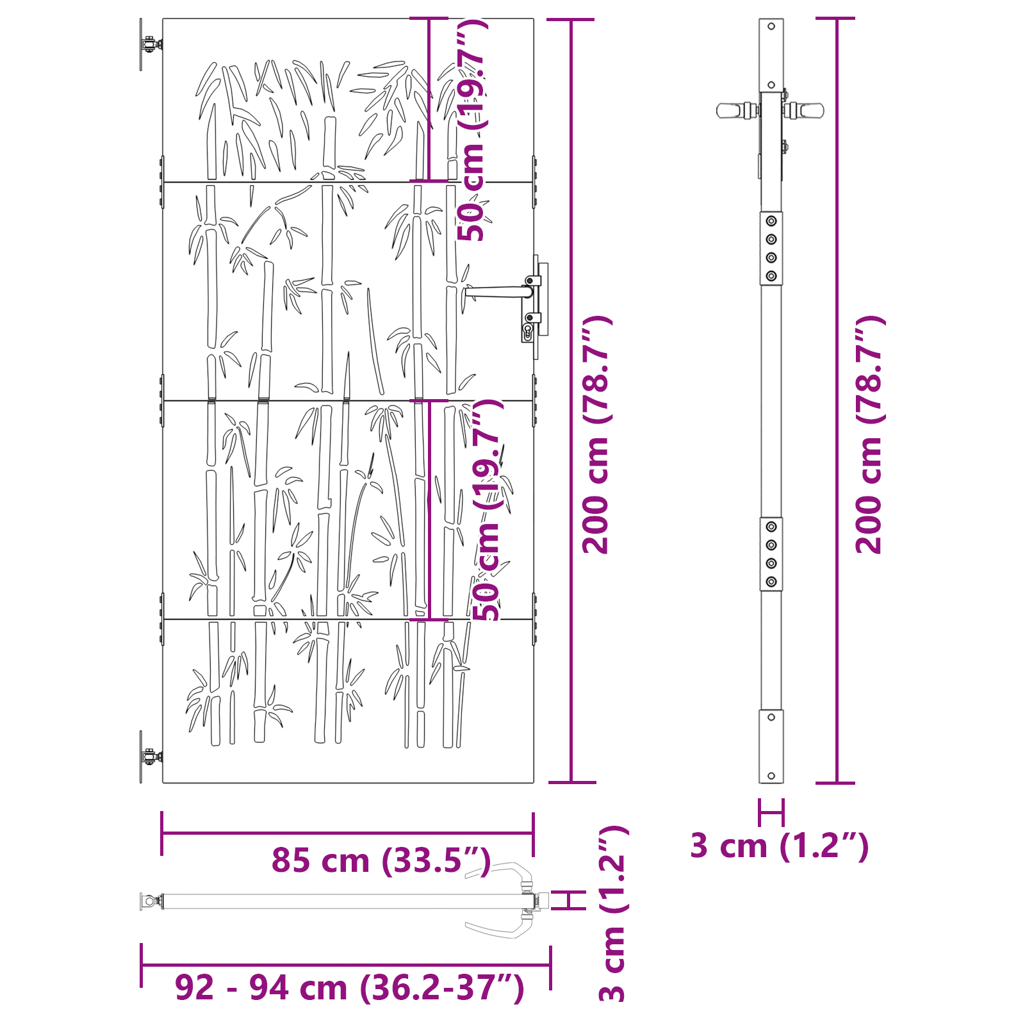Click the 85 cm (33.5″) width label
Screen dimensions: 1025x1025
tap(381, 860)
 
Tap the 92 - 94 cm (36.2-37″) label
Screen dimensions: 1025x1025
tap(349, 987)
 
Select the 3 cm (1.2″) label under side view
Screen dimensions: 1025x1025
tap(779, 846)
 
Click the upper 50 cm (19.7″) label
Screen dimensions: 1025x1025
tap(471, 130)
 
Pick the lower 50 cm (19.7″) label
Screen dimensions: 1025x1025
tap(488, 509)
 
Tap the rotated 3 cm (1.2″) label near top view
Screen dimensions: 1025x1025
tap(614, 913)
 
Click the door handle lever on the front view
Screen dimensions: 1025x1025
tap(497, 292)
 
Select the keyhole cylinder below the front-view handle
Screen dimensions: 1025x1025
tap(528, 331)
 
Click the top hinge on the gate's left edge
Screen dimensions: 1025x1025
tap(149, 45)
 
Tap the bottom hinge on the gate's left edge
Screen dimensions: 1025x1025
tap(149, 757)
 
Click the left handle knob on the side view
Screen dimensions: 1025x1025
tap(730, 110)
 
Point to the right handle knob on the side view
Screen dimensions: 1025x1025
tap(810, 110)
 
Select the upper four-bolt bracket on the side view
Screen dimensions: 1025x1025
tap(771, 249)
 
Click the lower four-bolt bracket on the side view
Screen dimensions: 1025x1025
tap(771, 554)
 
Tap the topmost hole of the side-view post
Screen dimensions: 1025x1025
tap(771, 26)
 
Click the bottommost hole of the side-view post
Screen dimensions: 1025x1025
tap(771, 776)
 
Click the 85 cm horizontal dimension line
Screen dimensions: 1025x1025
tap(347, 833)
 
